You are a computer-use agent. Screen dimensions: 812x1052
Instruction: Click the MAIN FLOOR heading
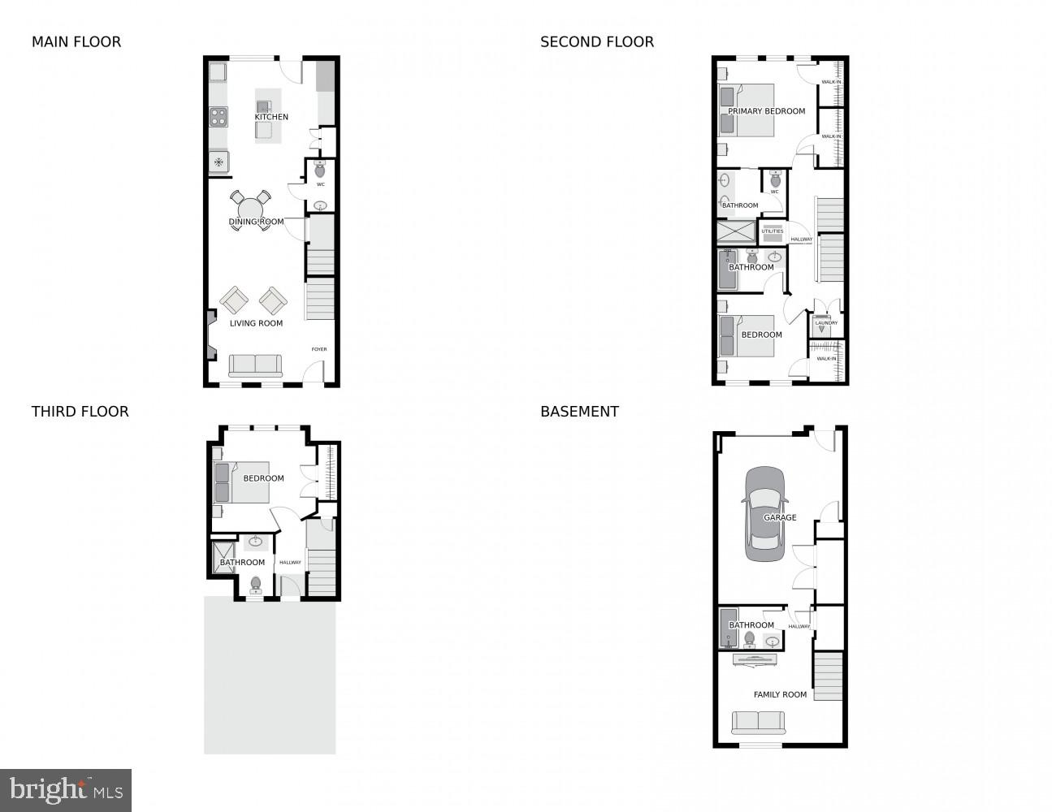pyautogui.click(x=76, y=41)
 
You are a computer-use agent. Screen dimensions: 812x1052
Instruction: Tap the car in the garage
pyautogui.click(x=764, y=513)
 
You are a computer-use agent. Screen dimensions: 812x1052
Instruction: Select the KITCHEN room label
pyautogui.click(x=271, y=117)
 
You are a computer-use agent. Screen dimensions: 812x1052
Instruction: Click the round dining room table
pyautogui.click(x=250, y=210)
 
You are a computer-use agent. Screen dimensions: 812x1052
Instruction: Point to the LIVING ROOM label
pyautogui.click(x=256, y=323)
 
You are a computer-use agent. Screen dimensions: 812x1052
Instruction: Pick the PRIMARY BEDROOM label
pyautogui.click(x=766, y=111)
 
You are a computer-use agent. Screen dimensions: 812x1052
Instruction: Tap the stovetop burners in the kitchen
pyautogui.click(x=219, y=117)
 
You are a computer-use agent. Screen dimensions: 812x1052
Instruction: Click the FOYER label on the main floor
pyautogui.click(x=319, y=349)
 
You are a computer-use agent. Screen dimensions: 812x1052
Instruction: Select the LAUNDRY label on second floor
pyautogui.click(x=826, y=323)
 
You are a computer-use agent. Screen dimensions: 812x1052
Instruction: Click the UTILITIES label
pyautogui.click(x=773, y=231)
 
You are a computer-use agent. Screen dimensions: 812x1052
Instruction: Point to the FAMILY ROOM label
pyautogui.click(x=780, y=694)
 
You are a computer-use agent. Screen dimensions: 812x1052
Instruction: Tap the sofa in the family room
pyautogui.click(x=758, y=722)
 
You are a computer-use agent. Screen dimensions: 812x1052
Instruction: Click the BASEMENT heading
pyautogui.click(x=579, y=412)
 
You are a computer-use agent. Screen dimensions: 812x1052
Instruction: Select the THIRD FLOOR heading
pyautogui.click(x=80, y=412)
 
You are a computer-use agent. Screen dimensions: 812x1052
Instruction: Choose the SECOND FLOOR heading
pyautogui.click(x=596, y=41)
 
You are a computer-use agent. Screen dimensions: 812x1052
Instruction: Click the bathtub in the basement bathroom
pyautogui.click(x=728, y=627)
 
